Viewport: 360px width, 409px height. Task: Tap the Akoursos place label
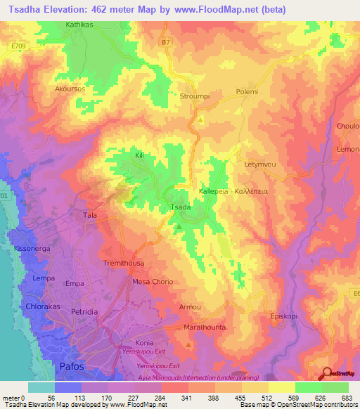(69, 89)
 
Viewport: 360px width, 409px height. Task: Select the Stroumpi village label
(195, 96)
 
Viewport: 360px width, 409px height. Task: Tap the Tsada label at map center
(181, 207)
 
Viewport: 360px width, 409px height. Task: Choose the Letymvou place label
(257, 164)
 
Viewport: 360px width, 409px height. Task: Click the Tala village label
(90, 215)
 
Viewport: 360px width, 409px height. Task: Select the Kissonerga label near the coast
(32, 249)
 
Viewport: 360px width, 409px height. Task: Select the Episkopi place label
(286, 316)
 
